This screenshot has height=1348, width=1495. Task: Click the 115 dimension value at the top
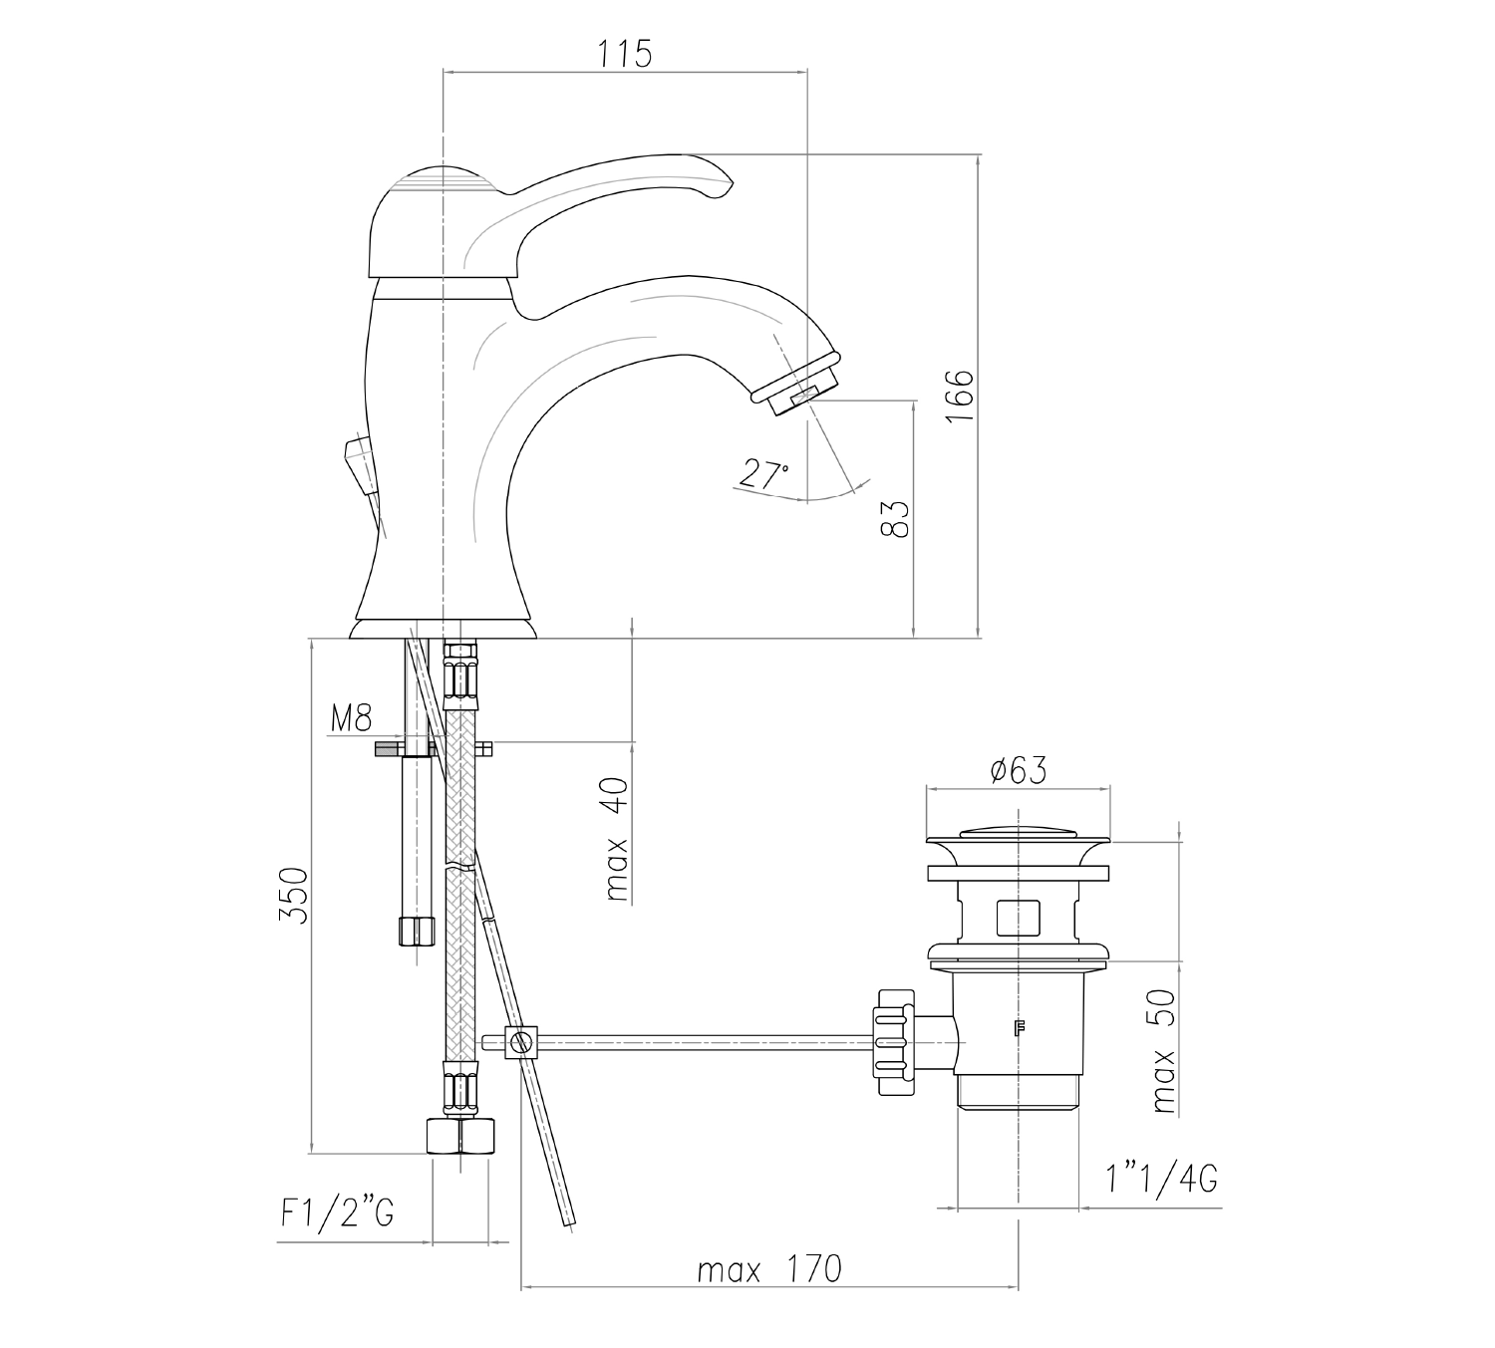coord(625,55)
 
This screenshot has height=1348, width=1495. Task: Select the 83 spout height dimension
coord(895,519)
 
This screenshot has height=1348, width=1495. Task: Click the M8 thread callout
coord(352,719)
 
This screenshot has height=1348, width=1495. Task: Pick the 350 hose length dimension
coord(293,896)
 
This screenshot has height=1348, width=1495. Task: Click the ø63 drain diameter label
coord(1018,770)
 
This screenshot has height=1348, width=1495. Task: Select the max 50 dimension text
coord(1163,1051)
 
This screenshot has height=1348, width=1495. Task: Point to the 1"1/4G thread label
coord(1162,1179)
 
